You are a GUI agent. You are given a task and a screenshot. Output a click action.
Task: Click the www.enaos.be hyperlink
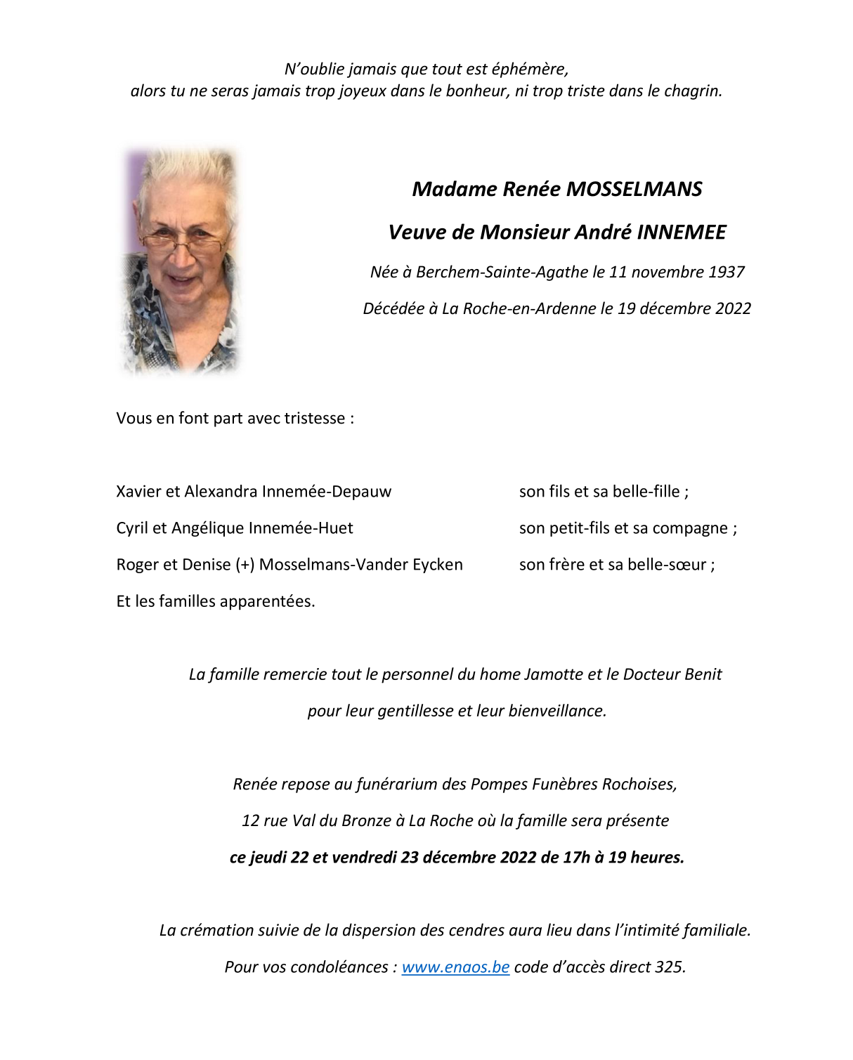[x=455, y=967]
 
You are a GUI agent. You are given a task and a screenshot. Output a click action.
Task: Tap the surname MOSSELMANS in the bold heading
[x=634, y=189]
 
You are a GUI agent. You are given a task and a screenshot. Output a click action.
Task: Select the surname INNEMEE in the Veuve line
[x=682, y=233]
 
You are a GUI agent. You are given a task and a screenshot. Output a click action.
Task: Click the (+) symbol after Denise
[x=245, y=565]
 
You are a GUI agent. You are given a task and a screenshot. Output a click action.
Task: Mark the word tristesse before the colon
[x=313, y=419]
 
